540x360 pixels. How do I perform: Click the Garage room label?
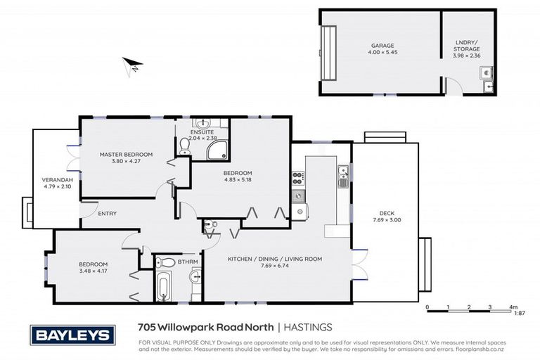(x=382, y=46)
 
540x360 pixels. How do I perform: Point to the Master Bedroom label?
(x=126, y=154)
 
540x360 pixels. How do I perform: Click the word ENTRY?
(x=107, y=214)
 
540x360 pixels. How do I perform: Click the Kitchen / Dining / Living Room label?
(x=274, y=259)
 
